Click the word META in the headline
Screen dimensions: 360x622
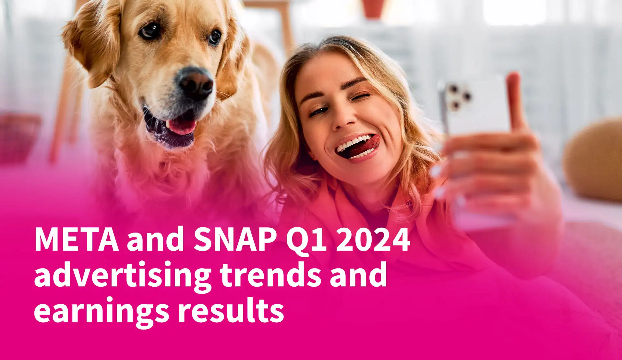tap(77, 240)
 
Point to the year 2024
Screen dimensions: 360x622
tap(373, 240)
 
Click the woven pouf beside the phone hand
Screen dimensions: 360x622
tap(593, 159)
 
